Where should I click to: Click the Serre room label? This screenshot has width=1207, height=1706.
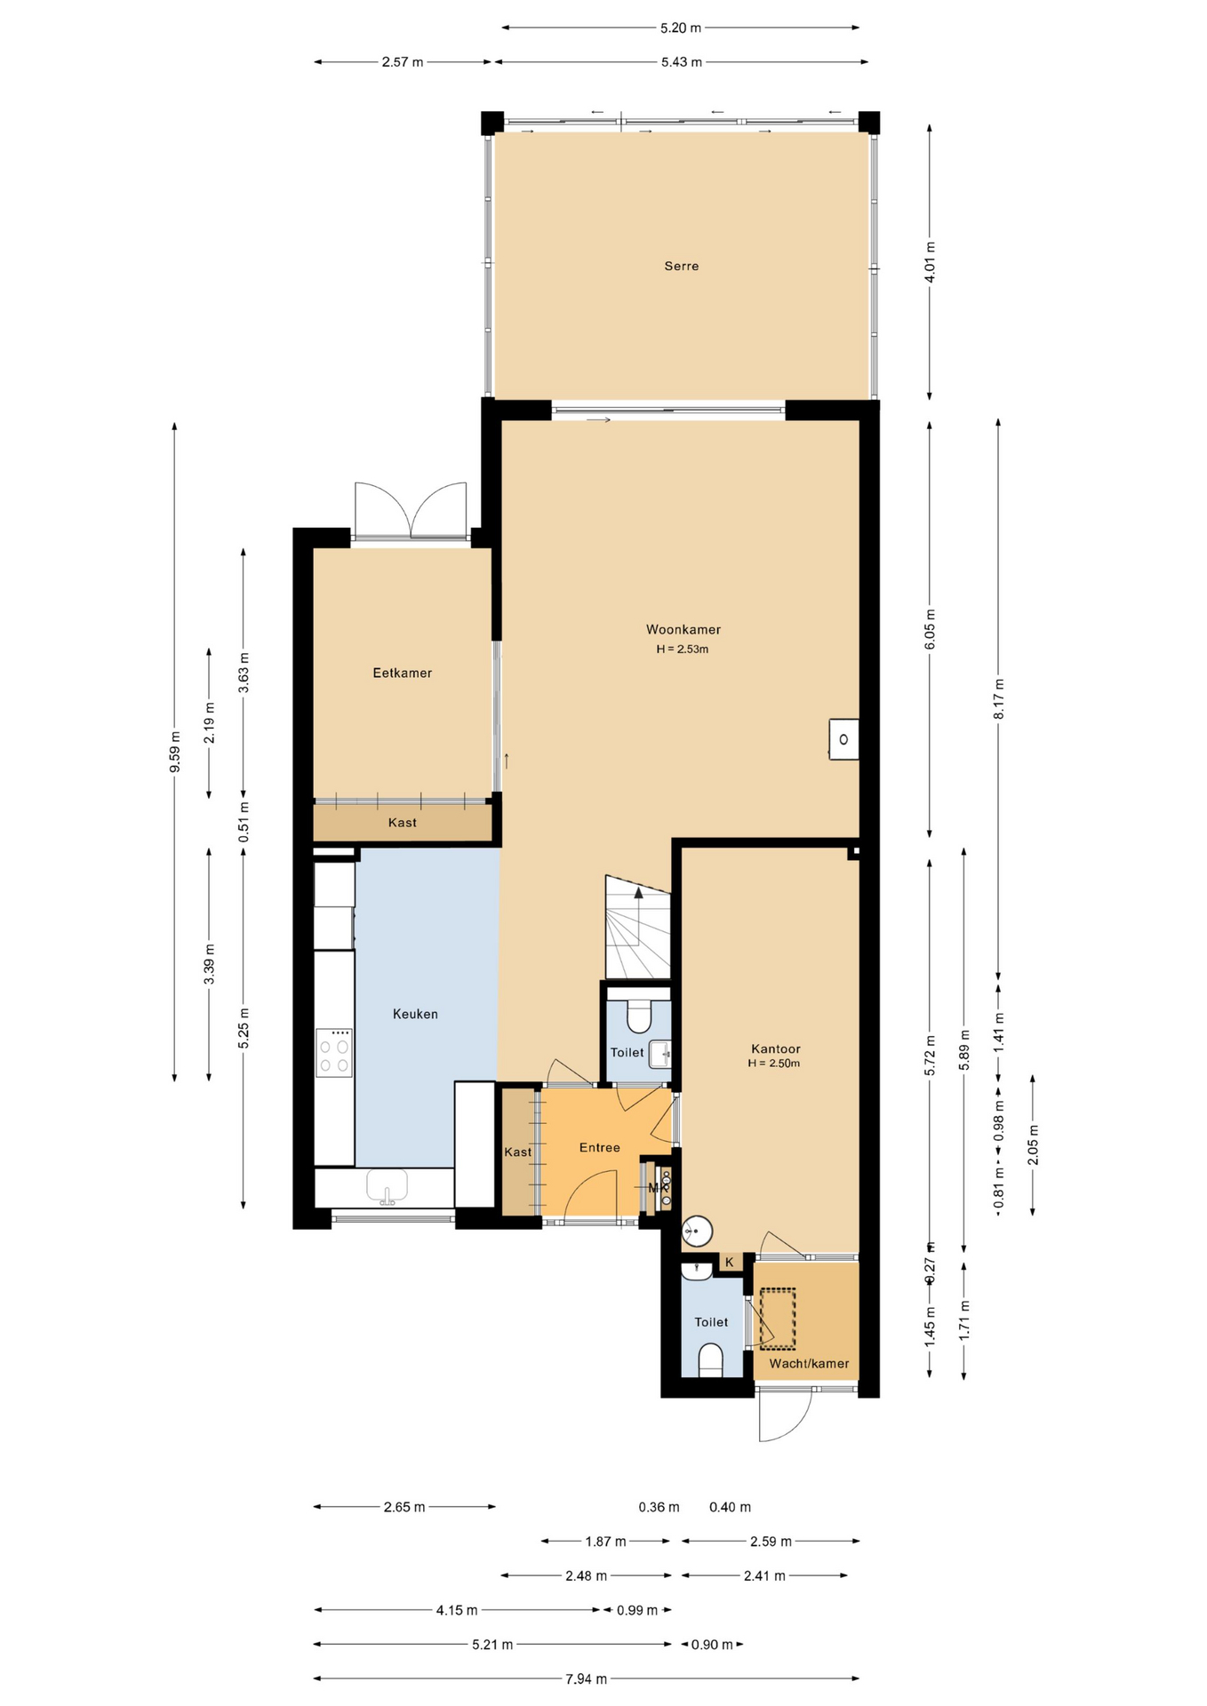pyautogui.click(x=682, y=266)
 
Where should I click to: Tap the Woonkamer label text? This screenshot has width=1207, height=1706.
pyautogui.click(x=683, y=630)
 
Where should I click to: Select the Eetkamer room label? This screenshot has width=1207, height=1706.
pyautogui.click(x=402, y=674)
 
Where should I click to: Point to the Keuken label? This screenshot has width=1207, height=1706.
pyautogui.click(x=415, y=1014)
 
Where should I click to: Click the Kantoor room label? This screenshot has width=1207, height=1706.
pyautogui.click(x=775, y=1048)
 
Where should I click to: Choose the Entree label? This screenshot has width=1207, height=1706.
pyautogui.click(x=600, y=1147)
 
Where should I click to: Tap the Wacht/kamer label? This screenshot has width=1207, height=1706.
pyautogui.click(x=809, y=1363)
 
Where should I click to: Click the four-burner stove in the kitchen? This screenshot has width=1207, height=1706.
pyautogui.click(x=334, y=1053)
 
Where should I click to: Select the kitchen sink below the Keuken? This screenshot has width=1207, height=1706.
pyautogui.click(x=388, y=1187)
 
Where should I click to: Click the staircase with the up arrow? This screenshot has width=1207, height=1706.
pyautogui.click(x=637, y=927)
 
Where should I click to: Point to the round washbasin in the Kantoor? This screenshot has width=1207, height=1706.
pyautogui.click(x=698, y=1232)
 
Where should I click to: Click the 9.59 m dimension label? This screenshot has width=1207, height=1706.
pyautogui.click(x=175, y=752)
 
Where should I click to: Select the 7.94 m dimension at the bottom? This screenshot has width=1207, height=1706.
pyautogui.click(x=587, y=1678)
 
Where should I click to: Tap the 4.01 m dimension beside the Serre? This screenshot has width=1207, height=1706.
pyautogui.click(x=930, y=262)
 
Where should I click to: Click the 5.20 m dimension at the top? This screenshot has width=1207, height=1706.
pyautogui.click(x=681, y=28)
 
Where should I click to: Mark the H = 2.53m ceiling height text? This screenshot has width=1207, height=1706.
pyautogui.click(x=683, y=649)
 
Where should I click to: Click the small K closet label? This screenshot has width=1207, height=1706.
pyautogui.click(x=730, y=1262)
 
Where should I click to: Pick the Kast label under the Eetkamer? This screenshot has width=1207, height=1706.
pyautogui.click(x=403, y=823)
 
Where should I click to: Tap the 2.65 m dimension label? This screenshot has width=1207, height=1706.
pyautogui.click(x=404, y=1507)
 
